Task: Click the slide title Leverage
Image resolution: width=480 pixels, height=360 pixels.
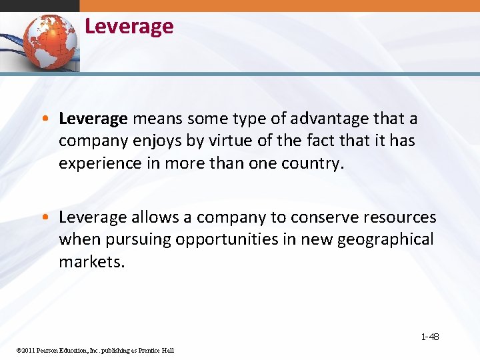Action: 129,27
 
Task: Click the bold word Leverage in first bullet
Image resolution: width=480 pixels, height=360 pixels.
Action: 93,119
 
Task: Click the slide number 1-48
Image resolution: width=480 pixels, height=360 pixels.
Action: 430,337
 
